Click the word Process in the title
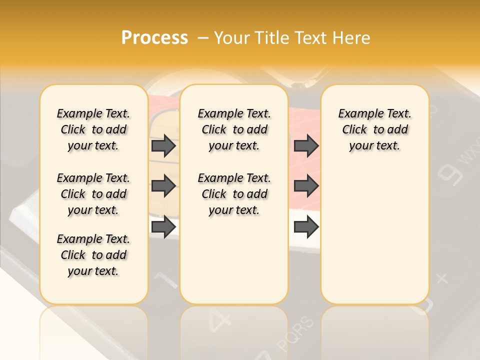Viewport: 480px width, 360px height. (x=154, y=38)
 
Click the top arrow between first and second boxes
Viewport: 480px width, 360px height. (x=163, y=145)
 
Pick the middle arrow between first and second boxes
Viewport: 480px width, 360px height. (x=163, y=186)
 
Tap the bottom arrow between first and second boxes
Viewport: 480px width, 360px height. (x=163, y=226)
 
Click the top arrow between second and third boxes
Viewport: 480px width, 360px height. (x=306, y=145)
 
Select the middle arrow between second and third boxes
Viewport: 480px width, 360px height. (x=306, y=186)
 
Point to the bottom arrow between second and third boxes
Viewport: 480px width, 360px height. (x=306, y=226)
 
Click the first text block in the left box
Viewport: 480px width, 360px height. (x=93, y=129)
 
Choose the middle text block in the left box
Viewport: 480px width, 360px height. (x=93, y=194)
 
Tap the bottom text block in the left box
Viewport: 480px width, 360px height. (x=93, y=255)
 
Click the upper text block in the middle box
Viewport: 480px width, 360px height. (x=234, y=129)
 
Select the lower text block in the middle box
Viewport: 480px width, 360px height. (x=234, y=194)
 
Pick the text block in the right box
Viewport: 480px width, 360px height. (x=374, y=129)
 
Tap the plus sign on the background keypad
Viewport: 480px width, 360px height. (x=442, y=278)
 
